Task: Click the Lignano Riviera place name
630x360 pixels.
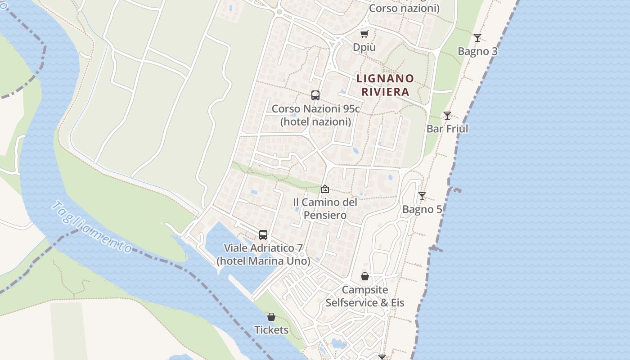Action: (385, 85)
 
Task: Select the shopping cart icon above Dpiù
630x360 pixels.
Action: (364, 34)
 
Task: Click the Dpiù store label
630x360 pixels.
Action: (364, 47)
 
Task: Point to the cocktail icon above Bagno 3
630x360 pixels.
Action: (477, 38)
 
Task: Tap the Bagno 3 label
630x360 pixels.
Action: (477, 51)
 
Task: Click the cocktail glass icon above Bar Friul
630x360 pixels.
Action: (447, 116)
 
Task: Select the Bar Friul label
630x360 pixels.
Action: (447, 129)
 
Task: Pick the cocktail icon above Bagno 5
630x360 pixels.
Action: (422, 196)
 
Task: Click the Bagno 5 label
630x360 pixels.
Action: (422, 209)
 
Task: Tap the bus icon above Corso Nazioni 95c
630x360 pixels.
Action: (315, 95)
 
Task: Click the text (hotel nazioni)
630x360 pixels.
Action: (315, 121)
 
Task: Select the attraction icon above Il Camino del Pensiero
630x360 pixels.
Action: (324, 189)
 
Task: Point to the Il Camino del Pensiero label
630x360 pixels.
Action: (325, 208)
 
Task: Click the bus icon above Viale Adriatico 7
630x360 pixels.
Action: (263, 235)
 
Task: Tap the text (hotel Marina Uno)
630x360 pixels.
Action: (263, 261)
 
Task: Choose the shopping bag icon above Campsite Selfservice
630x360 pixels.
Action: (365, 276)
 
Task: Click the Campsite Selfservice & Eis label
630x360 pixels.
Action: (365, 296)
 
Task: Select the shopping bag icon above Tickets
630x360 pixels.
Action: (271, 317)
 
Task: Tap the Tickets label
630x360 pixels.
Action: (271, 330)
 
